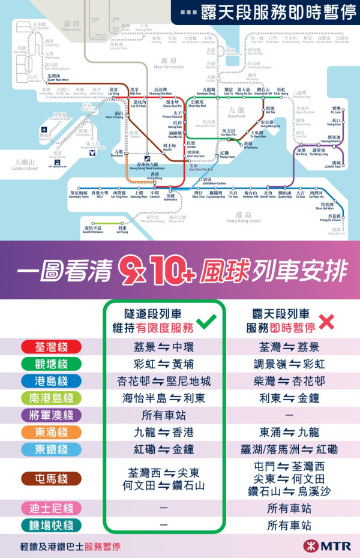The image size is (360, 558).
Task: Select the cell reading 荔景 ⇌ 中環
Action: [x=164, y=347]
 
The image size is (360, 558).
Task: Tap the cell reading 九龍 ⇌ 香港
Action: [x=164, y=432]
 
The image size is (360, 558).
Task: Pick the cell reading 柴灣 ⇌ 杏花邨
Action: [x=289, y=381]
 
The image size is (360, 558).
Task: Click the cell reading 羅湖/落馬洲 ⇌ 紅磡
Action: [x=289, y=449]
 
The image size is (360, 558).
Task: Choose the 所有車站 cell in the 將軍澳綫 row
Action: [x=164, y=415]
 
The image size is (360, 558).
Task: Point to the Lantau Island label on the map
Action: [x=24, y=166]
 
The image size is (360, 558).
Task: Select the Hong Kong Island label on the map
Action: [x=243, y=217]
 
